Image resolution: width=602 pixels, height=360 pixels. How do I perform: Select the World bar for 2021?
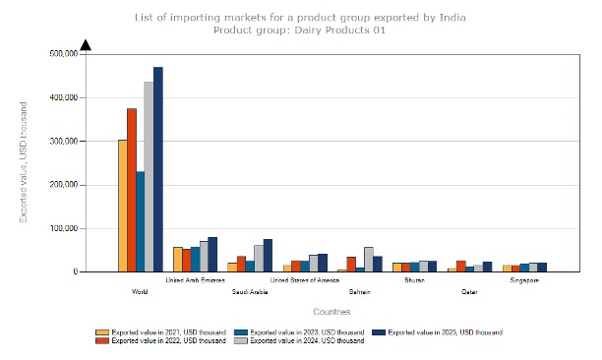[x=123, y=206]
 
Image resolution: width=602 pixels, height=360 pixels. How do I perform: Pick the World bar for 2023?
[x=141, y=221]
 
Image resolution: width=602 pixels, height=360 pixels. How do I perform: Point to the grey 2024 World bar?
[x=150, y=177]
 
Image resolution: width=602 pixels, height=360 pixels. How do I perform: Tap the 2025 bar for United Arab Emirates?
[x=212, y=254]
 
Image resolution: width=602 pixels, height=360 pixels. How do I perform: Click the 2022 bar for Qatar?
[x=460, y=266]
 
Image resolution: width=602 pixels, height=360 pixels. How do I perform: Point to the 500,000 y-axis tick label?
[x=62, y=54]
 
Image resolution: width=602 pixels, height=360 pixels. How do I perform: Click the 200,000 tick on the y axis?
[x=62, y=185]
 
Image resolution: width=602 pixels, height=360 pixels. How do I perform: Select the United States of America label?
[x=305, y=280]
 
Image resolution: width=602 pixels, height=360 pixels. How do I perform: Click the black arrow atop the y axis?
[x=86, y=44]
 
